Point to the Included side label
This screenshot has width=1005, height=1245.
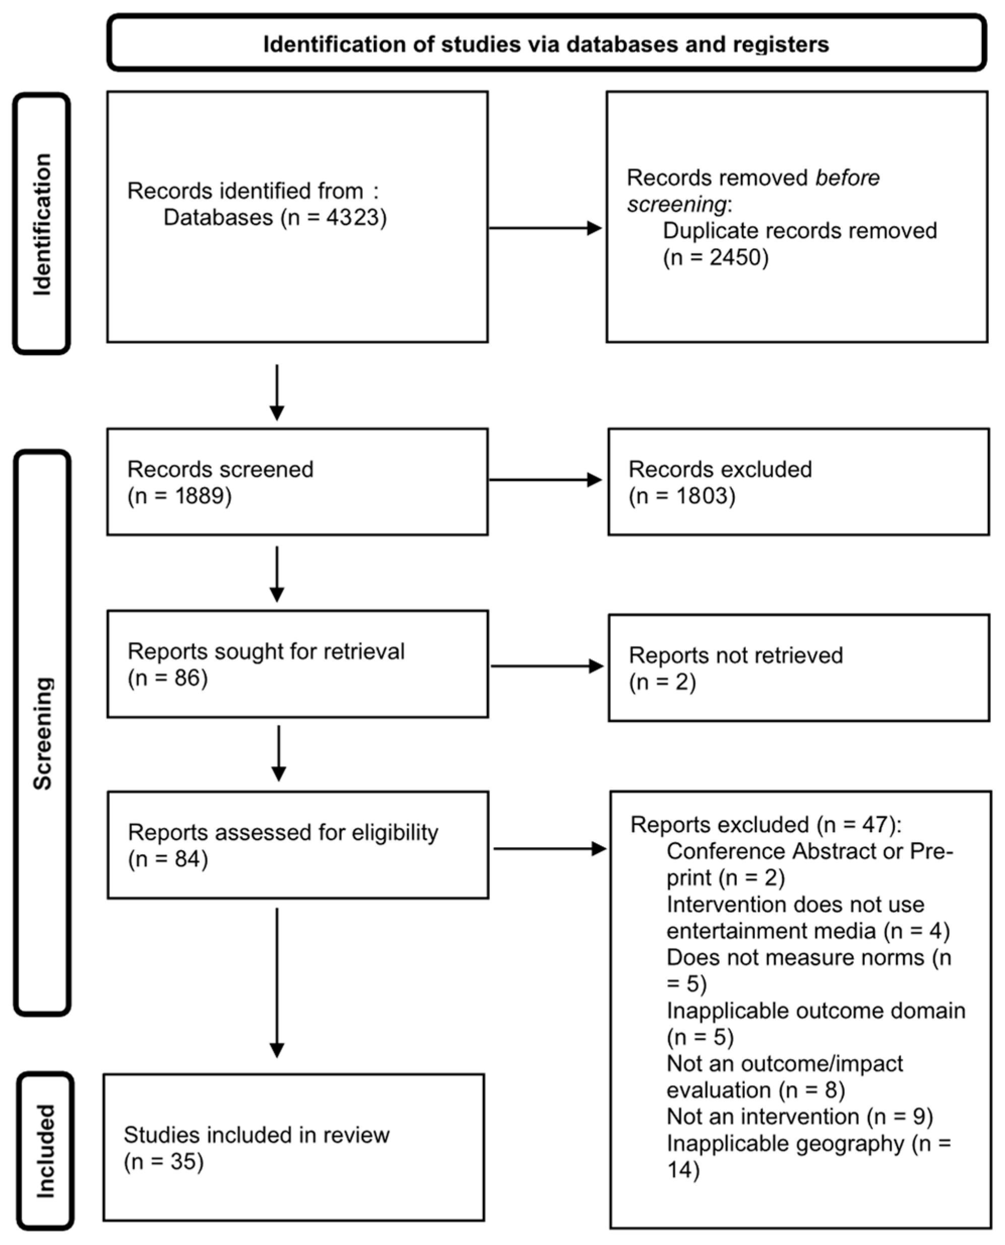[x=45, y=1151]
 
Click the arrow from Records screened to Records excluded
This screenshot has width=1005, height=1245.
[x=545, y=480]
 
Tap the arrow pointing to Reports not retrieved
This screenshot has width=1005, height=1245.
[x=547, y=666]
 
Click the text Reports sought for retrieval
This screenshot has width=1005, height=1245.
[x=266, y=651]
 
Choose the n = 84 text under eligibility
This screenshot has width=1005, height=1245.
[x=168, y=859]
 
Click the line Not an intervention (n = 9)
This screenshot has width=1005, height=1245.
[x=799, y=1116]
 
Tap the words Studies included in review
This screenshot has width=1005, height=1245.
[x=257, y=1135]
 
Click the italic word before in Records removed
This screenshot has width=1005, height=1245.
[x=847, y=178]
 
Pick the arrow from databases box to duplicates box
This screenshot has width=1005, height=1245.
[x=545, y=228]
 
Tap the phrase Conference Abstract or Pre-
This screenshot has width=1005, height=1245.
[x=809, y=851]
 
